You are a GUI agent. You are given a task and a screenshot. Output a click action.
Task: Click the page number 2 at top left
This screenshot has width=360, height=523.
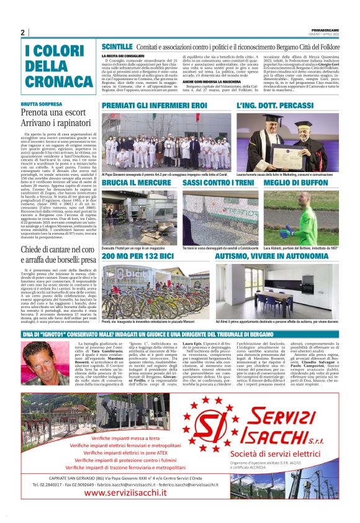tap(22, 33)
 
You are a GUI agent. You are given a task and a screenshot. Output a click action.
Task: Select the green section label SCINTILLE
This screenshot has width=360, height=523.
tap(117, 47)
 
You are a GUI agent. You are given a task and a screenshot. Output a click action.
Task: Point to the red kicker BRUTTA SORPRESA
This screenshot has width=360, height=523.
tap(42, 105)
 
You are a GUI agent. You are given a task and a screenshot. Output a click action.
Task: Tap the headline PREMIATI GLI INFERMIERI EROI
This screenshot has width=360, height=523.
tap(154, 106)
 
